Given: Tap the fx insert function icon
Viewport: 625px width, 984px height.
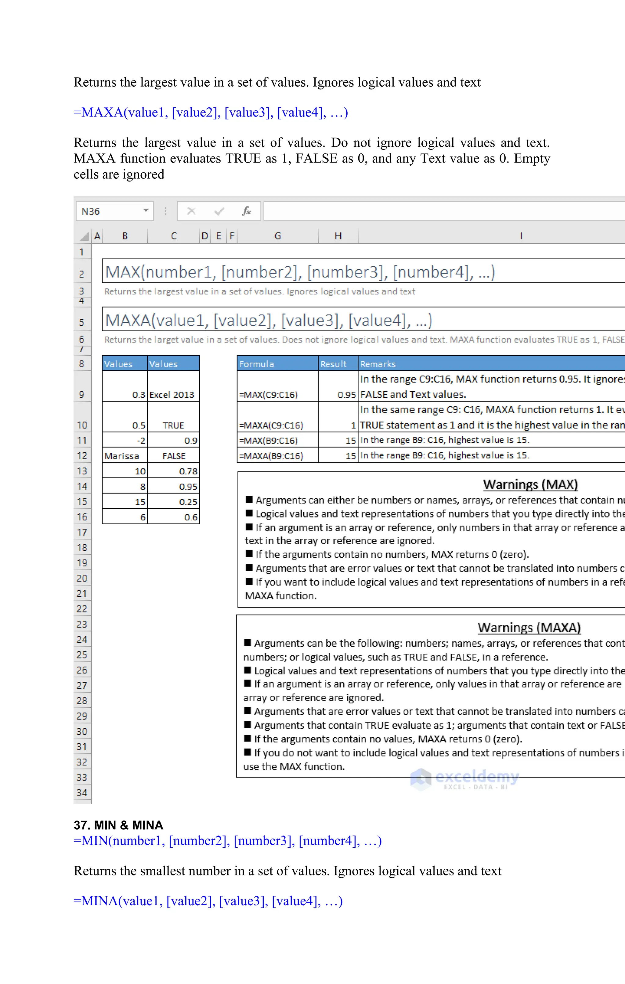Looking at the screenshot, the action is pyautogui.click(x=247, y=211).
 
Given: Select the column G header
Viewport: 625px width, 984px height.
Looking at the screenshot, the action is pyautogui.click(x=277, y=236).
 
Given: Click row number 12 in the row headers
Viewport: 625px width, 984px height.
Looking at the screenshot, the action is pyautogui.click(x=82, y=456).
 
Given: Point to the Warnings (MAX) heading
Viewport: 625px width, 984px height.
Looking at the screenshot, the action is pyautogui.click(x=530, y=485).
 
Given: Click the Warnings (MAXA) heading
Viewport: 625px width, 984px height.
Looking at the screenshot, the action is pyautogui.click(x=529, y=628).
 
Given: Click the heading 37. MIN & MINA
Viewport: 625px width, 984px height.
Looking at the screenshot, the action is pyautogui.click(x=118, y=825).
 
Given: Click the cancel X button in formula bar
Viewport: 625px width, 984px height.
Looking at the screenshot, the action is pyautogui.click(x=191, y=211).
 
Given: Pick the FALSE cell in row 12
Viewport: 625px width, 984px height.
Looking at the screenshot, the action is pyautogui.click(x=174, y=456).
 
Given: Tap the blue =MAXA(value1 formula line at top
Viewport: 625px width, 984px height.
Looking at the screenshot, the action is pyautogui.click(x=211, y=112).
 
